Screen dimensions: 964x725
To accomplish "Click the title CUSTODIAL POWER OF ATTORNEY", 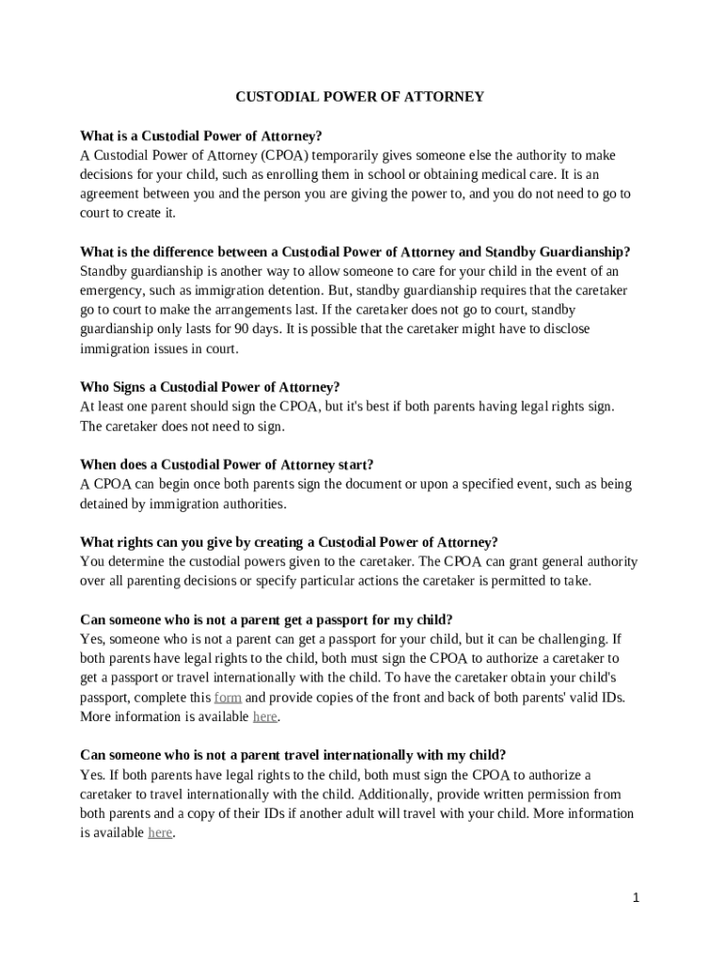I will pos(359,96).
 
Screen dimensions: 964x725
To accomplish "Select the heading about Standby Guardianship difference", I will pos(355,251).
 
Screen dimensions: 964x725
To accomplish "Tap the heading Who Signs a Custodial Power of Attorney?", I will pos(210,387).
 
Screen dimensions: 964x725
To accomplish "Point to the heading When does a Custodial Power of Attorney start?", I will pos(227,464).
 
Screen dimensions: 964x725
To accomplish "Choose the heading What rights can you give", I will pos(289,541).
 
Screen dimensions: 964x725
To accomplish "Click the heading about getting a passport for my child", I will pos(266,619).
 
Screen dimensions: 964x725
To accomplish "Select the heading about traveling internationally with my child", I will pos(293,754).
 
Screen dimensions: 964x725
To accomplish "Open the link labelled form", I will pos(228,698).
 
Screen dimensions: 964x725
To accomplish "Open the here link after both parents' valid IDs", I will pos(266,716).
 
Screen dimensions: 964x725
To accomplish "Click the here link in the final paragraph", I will pos(160,832).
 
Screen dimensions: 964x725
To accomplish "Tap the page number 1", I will pos(636,897).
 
